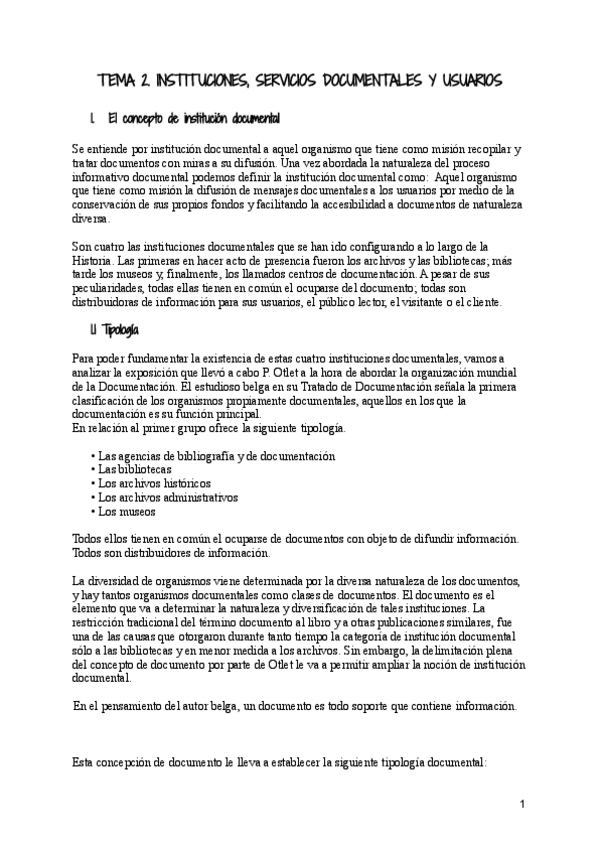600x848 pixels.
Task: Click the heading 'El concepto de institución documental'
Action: pyautogui.click(x=193, y=119)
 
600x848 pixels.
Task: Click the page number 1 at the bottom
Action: pyautogui.click(x=522, y=804)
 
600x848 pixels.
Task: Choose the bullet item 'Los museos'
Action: pyautogui.click(x=125, y=510)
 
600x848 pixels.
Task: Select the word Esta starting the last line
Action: pyautogui.click(x=86, y=761)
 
